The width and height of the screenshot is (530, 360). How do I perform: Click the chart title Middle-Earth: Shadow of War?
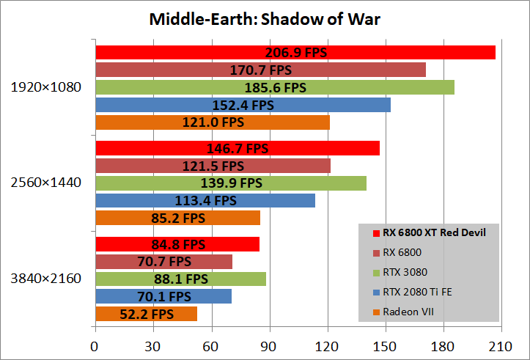265,18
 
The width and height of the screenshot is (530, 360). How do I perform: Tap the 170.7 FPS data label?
260,70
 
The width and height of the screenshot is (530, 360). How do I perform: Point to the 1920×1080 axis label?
45,87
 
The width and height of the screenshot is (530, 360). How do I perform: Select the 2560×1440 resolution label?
45,183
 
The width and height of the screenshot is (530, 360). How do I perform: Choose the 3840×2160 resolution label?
45,279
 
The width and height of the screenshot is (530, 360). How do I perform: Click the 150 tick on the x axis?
385,345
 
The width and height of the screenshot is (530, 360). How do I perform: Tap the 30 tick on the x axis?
153,345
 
